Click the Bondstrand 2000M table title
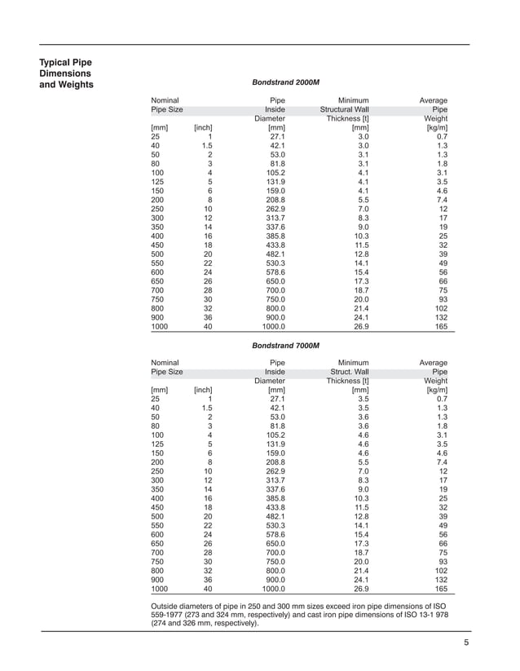[x=288, y=83]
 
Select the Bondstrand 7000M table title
[x=288, y=346]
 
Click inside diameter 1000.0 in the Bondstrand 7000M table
[x=273, y=588]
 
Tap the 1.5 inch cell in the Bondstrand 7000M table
[x=207, y=408]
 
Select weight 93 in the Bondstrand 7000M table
[x=443, y=561]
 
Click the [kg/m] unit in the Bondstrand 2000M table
[x=437, y=128]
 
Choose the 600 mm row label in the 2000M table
[x=158, y=272]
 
